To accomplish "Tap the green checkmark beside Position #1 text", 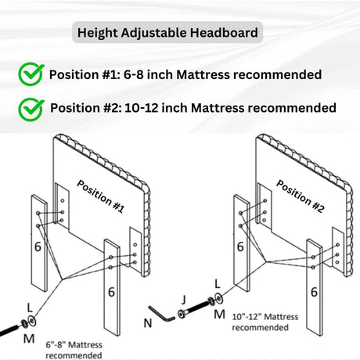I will [31, 75].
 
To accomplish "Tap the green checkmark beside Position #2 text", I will [31, 107].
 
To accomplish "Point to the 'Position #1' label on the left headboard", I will [101, 196].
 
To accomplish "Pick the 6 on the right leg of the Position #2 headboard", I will [314, 291].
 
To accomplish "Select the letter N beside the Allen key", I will [148, 322].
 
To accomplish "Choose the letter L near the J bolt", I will [217, 287].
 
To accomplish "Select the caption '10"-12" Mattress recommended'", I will [258, 320].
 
